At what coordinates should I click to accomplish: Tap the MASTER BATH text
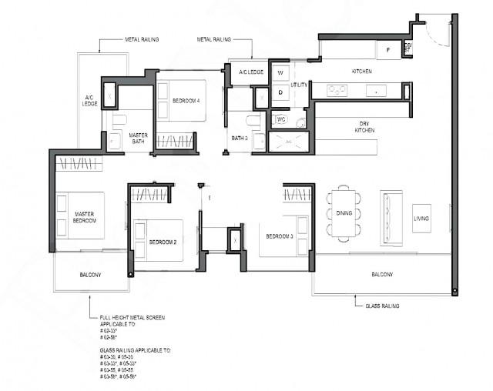point(139,138)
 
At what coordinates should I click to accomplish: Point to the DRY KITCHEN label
point(364,127)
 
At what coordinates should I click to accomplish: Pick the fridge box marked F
point(389,49)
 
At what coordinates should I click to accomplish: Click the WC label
point(280,119)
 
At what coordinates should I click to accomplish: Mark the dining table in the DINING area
point(344,212)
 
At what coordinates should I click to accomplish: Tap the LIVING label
point(421,218)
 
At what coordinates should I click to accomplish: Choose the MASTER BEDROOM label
point(85,217)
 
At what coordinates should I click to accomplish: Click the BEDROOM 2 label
point(163,242)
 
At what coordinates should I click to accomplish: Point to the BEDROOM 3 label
point(279,236)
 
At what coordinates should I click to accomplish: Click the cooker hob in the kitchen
point(337,90)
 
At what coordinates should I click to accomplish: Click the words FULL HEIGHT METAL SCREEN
point(132,317)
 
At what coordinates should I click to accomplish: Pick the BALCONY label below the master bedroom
point(90,275)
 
